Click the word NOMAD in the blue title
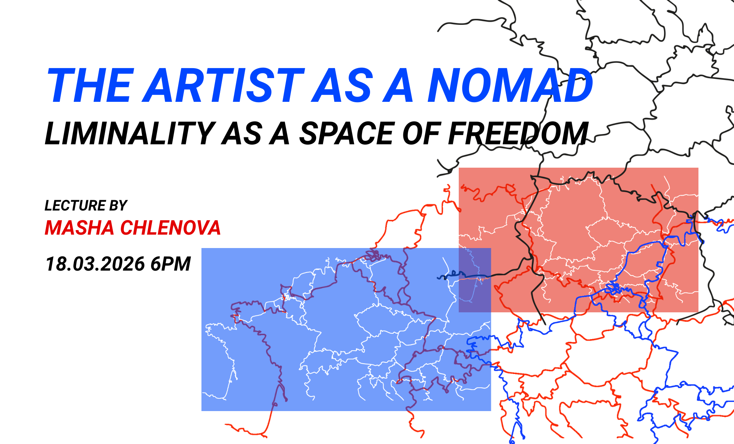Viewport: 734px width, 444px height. click(510, 85)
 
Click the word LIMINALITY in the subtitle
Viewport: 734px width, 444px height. click(130, 133)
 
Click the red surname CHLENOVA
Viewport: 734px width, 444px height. click(171, 228)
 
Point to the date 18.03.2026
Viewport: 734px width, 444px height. click(95, 264)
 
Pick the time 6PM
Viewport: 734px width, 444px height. click(171, 264)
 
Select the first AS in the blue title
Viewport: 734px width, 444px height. click(342, 85)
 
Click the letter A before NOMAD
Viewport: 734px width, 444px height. click(398, 85)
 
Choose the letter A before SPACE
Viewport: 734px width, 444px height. click(279, 133)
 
